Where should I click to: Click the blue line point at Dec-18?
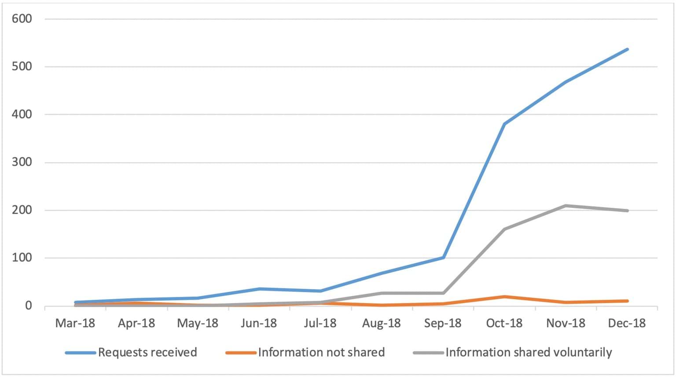(x=627, y=49)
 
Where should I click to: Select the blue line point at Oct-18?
(x=504, y=124)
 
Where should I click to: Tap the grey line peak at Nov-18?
(x=566, y=206)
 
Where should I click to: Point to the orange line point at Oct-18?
(x=504, y=296)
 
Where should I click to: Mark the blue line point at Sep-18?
(x=443, y=257)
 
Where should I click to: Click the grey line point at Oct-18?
(x=504, y=229)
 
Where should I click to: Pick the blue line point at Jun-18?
(x=259, y=289)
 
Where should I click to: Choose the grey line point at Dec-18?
(x=627, y=211)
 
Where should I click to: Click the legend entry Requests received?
(x=147, y=352)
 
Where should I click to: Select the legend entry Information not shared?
(x=321, y=352)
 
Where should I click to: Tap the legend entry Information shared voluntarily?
(x=528, y=352)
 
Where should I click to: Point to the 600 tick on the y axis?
(x=22, y=19)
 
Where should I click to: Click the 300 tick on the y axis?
(x=22, y=162)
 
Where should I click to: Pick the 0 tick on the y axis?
(x=28, y=306)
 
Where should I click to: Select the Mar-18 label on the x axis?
(x=75, y=323)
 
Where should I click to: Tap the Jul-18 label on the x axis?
(x=320, y=323)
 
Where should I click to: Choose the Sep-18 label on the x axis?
(x=443, y=323)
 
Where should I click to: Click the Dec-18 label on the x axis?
(x=627, y=323)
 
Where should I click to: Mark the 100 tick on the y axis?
(x=22, y=258)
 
